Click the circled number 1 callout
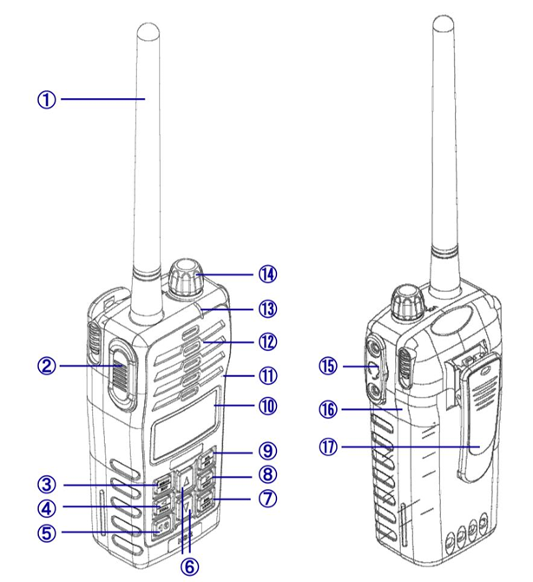(x=47, y=100)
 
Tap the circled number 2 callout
(x=47, y=366)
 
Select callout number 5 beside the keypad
(x=47, y=533)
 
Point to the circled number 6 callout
(x=189, y=566)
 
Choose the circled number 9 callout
(x=267, y=451)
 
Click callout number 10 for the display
(x=267, y=406)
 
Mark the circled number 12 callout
(x=267, y=342)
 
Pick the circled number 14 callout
(x=267, y=274)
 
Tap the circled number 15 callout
(x=328, y=367)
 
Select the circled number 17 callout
(x=328, y=446)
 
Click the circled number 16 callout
(x=328, y=410)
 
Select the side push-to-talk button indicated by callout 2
(x=122, y=375)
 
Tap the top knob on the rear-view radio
(x=407, y=302)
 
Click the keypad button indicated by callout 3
(x=163, y=485)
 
